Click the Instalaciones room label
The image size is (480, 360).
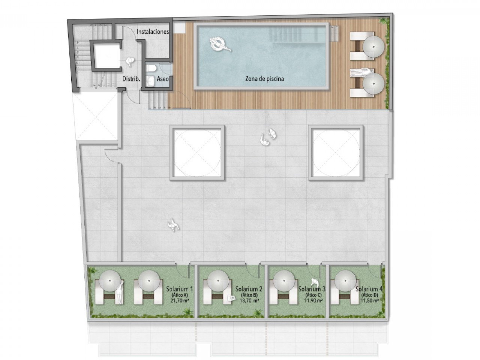153,31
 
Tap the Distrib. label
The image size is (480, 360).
132,79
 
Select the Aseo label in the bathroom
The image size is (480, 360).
162,79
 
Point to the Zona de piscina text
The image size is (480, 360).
264,79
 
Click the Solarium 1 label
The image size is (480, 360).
179,289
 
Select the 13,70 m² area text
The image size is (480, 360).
249,300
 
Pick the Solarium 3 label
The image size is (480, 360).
312,289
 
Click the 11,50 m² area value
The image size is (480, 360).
369,300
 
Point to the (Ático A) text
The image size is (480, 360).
179,295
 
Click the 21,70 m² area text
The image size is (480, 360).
179,300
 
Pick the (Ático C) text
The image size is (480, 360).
312,295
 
